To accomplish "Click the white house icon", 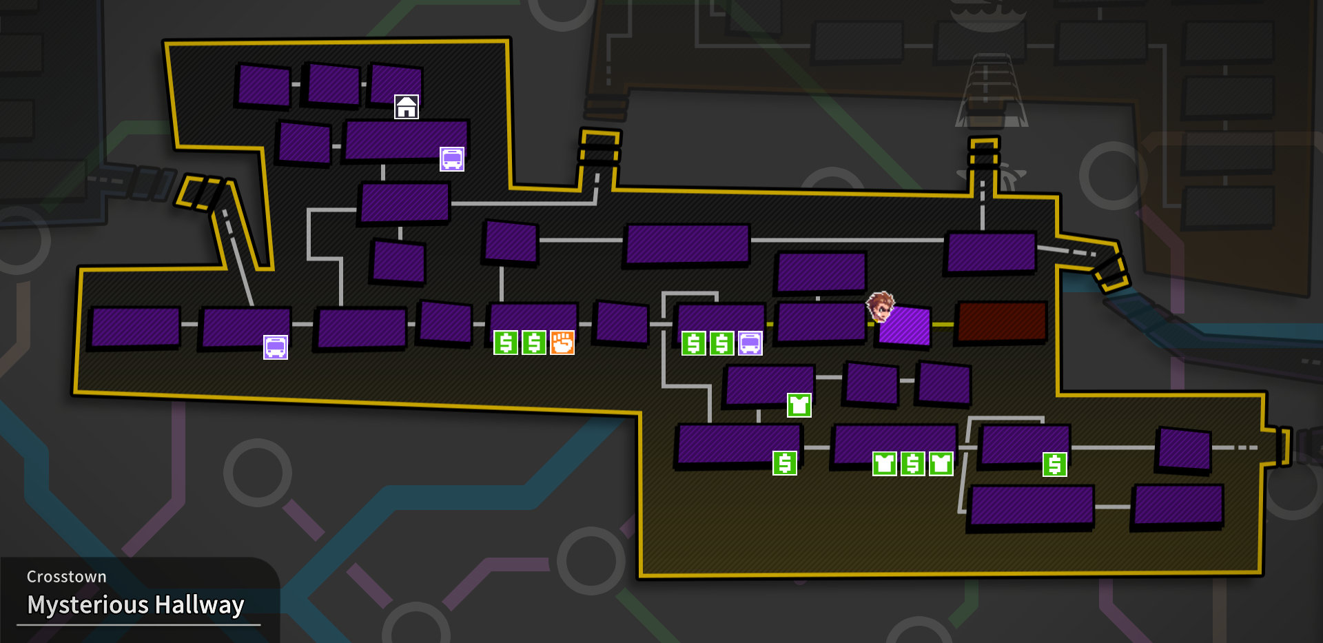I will point(407,107).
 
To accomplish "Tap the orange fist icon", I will point(562,343).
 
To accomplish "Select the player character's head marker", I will point(880,306).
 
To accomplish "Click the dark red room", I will point(1002,321).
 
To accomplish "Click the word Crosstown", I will point(67,577).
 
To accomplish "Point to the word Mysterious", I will point(88,605).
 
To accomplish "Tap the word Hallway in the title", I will point(200,605).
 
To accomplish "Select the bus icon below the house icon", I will point(452,159).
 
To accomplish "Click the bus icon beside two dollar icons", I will point(750,343).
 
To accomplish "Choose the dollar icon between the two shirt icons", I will point(913,464).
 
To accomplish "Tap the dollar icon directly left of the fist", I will point(534,343).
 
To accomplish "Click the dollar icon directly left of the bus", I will point(722,343).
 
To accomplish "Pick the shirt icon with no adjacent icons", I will point(799,405).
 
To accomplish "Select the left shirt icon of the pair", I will point(885,464).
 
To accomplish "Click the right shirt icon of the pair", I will point(941,464).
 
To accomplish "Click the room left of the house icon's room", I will point(334,85).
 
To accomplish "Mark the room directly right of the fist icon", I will point(622,322).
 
